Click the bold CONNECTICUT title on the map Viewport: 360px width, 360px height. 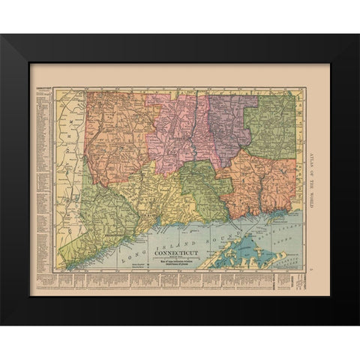coord(176,253)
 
